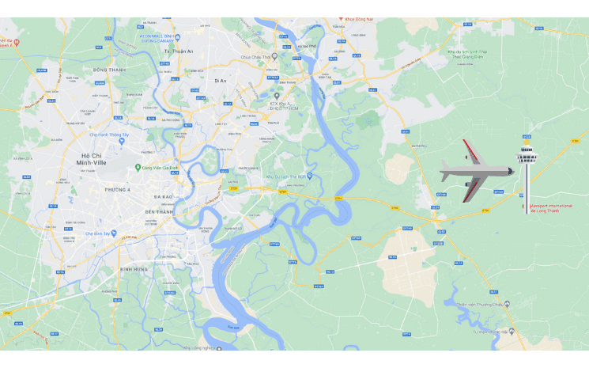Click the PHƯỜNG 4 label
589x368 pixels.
coord(119,189)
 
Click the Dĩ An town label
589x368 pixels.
coord(220,80)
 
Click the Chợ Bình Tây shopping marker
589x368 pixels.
coord(112,233)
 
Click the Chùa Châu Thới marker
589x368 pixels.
coord(274,56)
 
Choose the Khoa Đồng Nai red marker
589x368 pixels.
coord(341,17)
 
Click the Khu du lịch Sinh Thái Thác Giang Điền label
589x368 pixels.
coord(466,53)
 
